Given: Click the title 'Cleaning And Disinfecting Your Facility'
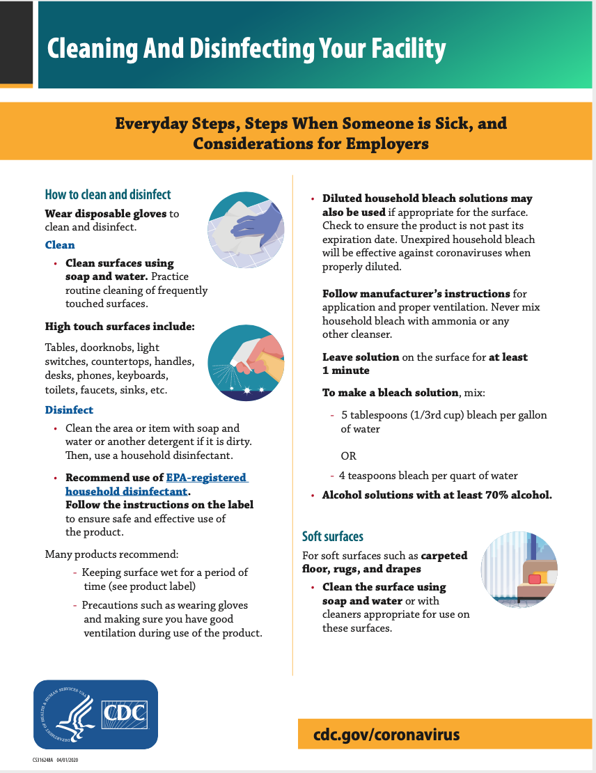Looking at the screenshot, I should (x=246, y=49).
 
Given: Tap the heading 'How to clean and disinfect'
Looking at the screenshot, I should (x=108, y=194).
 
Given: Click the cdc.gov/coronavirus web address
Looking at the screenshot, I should (x=386, y=735).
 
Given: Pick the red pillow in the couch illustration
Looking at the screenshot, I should (x=535, y=579).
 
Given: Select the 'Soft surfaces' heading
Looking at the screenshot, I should (x=333, y=536).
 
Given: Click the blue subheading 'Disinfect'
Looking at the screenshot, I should (x=69, y=410).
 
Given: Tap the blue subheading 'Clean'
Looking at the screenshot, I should (x=60, y=245).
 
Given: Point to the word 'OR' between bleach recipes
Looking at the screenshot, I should (x=348, y=456).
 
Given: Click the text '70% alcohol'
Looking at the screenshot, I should (x=516, y=495).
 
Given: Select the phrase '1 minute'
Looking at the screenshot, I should (x=346, y=370).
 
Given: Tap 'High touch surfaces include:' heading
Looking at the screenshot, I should (x=120, y=326).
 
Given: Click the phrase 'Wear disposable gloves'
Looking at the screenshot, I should (x=106, y=214).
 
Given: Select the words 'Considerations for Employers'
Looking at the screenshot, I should (x=311, y=144).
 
